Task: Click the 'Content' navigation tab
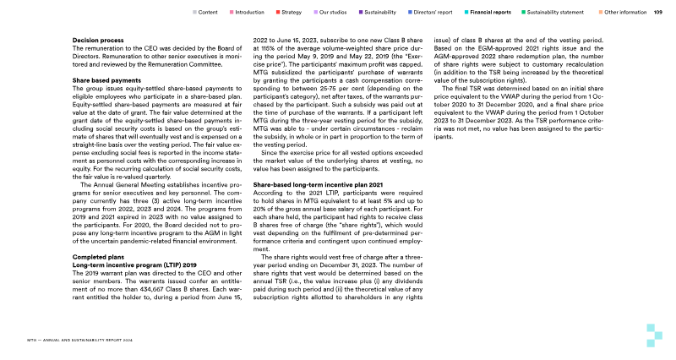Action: (x=209, y=13)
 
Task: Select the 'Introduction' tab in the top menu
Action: (x=249, y=13)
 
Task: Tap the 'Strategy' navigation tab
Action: (x=292, y=13)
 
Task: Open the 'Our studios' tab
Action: (x=334, y=13)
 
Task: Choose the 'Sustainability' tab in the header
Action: (x=379, y=13)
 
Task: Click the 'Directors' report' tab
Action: (x=434, y=13)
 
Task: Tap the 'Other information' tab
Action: (x=628, y=13)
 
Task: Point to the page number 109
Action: (x=657, y=13)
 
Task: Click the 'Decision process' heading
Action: (x=99, y=39)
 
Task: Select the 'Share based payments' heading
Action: (x=106, y=80)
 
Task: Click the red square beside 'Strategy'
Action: (x=279, y=13)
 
